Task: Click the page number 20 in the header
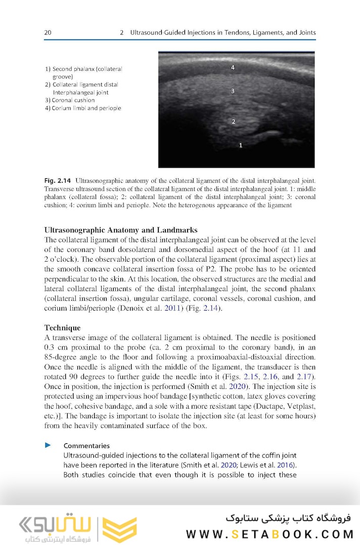click(x=48, y=32)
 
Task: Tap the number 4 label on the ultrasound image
click(x=233, y=67)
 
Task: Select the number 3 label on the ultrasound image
click(x=233, y=91)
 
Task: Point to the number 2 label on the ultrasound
click(x=233, y=122)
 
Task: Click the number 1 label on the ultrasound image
click(x=241, y=145)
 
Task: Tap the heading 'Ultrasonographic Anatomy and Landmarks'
click(x=121, y=230)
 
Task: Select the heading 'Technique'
click(x=63, y=327)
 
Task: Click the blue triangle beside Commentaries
click(x=49, y=445)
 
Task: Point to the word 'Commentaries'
click(x=86, y=445)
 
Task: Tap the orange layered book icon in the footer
click(x=119, y=529)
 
